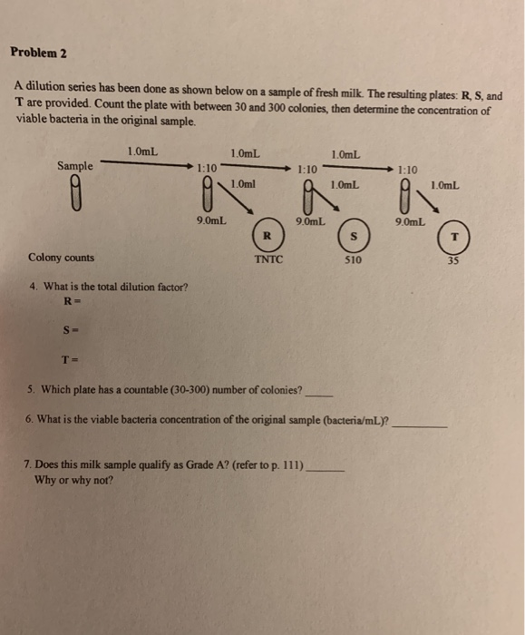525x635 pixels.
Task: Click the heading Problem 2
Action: point(39,52)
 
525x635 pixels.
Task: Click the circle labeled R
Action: point(266,234)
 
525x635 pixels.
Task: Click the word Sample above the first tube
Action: point(74,166)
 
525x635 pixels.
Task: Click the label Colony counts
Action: point(61,257)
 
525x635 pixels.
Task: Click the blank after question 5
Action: point(320,393)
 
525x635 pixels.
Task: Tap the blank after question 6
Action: point(420,422)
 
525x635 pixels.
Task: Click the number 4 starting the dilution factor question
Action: point(33,287)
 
